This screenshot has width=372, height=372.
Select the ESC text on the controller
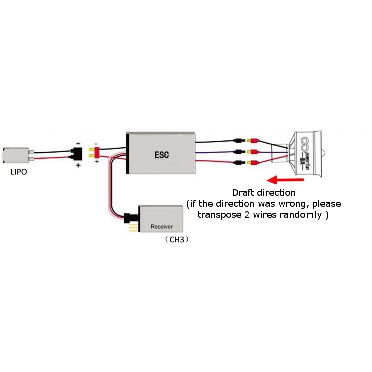[162, 154]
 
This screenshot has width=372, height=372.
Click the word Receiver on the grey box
[162, 227]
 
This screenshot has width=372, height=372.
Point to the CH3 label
[177, 239]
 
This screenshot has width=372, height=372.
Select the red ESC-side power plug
[95, 152]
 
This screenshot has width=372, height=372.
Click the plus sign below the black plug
[78, 166]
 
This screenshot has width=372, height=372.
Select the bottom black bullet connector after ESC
[239, 163]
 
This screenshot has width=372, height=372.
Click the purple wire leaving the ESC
[213, 152]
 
